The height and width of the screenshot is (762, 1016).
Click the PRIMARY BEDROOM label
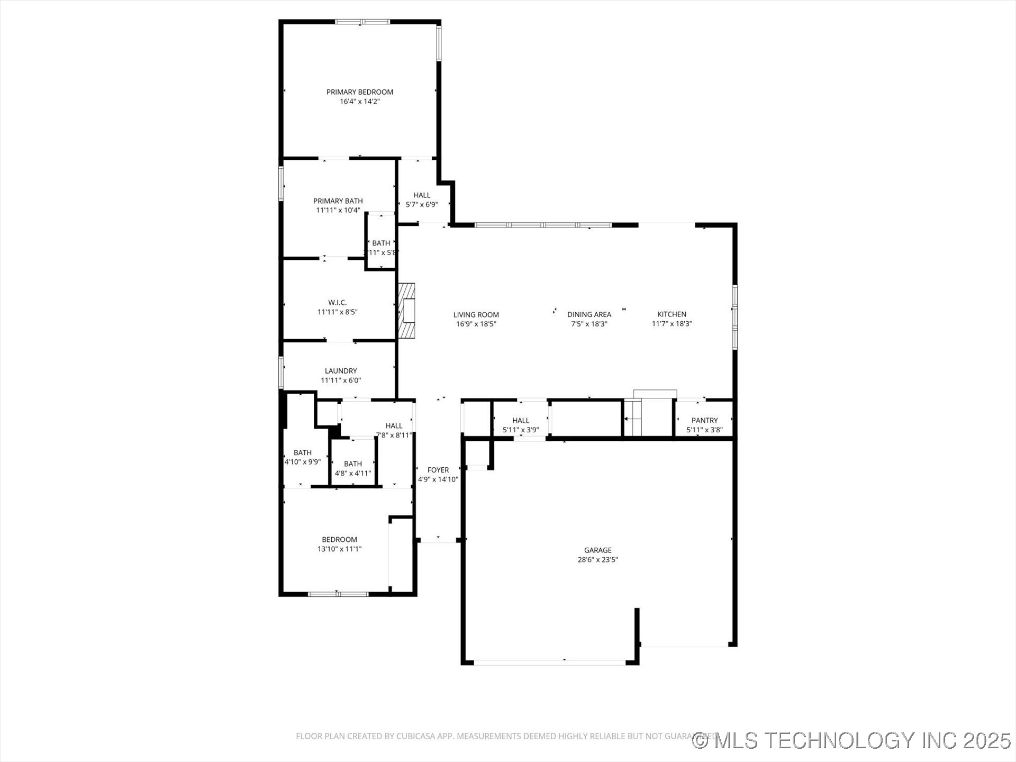(x=359, y=92)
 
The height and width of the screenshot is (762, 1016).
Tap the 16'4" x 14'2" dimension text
(x=359, y=102)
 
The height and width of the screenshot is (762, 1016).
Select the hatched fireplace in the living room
(x=406, y=311)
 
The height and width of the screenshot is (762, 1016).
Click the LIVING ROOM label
(x=476, y=315)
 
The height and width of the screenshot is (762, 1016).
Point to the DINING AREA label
(x=589, y=314)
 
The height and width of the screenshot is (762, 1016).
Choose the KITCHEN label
(x=672, y=314)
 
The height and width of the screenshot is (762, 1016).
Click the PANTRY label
(x=704, y=421)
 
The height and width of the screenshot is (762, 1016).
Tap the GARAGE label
(x=597, y=550)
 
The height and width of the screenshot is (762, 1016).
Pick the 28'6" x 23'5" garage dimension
(x=597, y=560)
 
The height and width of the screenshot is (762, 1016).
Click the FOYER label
(x=438, y=470)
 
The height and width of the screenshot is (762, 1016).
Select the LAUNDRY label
(x=341, y=371)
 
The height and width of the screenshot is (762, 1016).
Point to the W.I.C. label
(x=337, y=303)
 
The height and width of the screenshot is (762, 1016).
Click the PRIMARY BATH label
(x=338, y=201)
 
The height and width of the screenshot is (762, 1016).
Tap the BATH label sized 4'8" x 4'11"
(x=353, y=464)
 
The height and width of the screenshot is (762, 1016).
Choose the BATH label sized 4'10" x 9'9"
(x=302, y=453)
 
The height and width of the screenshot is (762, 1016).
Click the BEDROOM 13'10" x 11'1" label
(x=339, y=540)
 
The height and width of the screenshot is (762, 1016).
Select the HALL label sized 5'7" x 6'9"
(x=422, y=195)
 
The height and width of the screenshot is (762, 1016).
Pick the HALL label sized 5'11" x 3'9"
(x=521, y=421)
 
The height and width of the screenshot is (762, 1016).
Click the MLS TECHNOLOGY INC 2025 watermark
(x=852, y=740)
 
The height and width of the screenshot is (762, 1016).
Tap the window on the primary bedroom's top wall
(x=362, y=22)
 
